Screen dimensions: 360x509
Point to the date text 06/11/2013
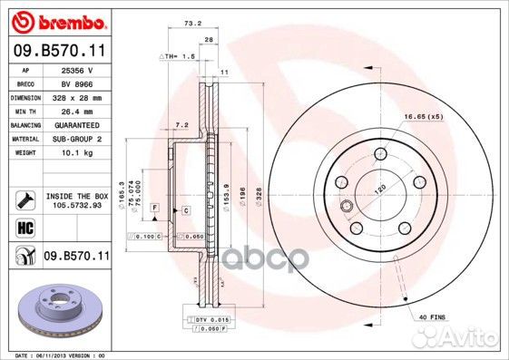(x=50, y=355)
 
